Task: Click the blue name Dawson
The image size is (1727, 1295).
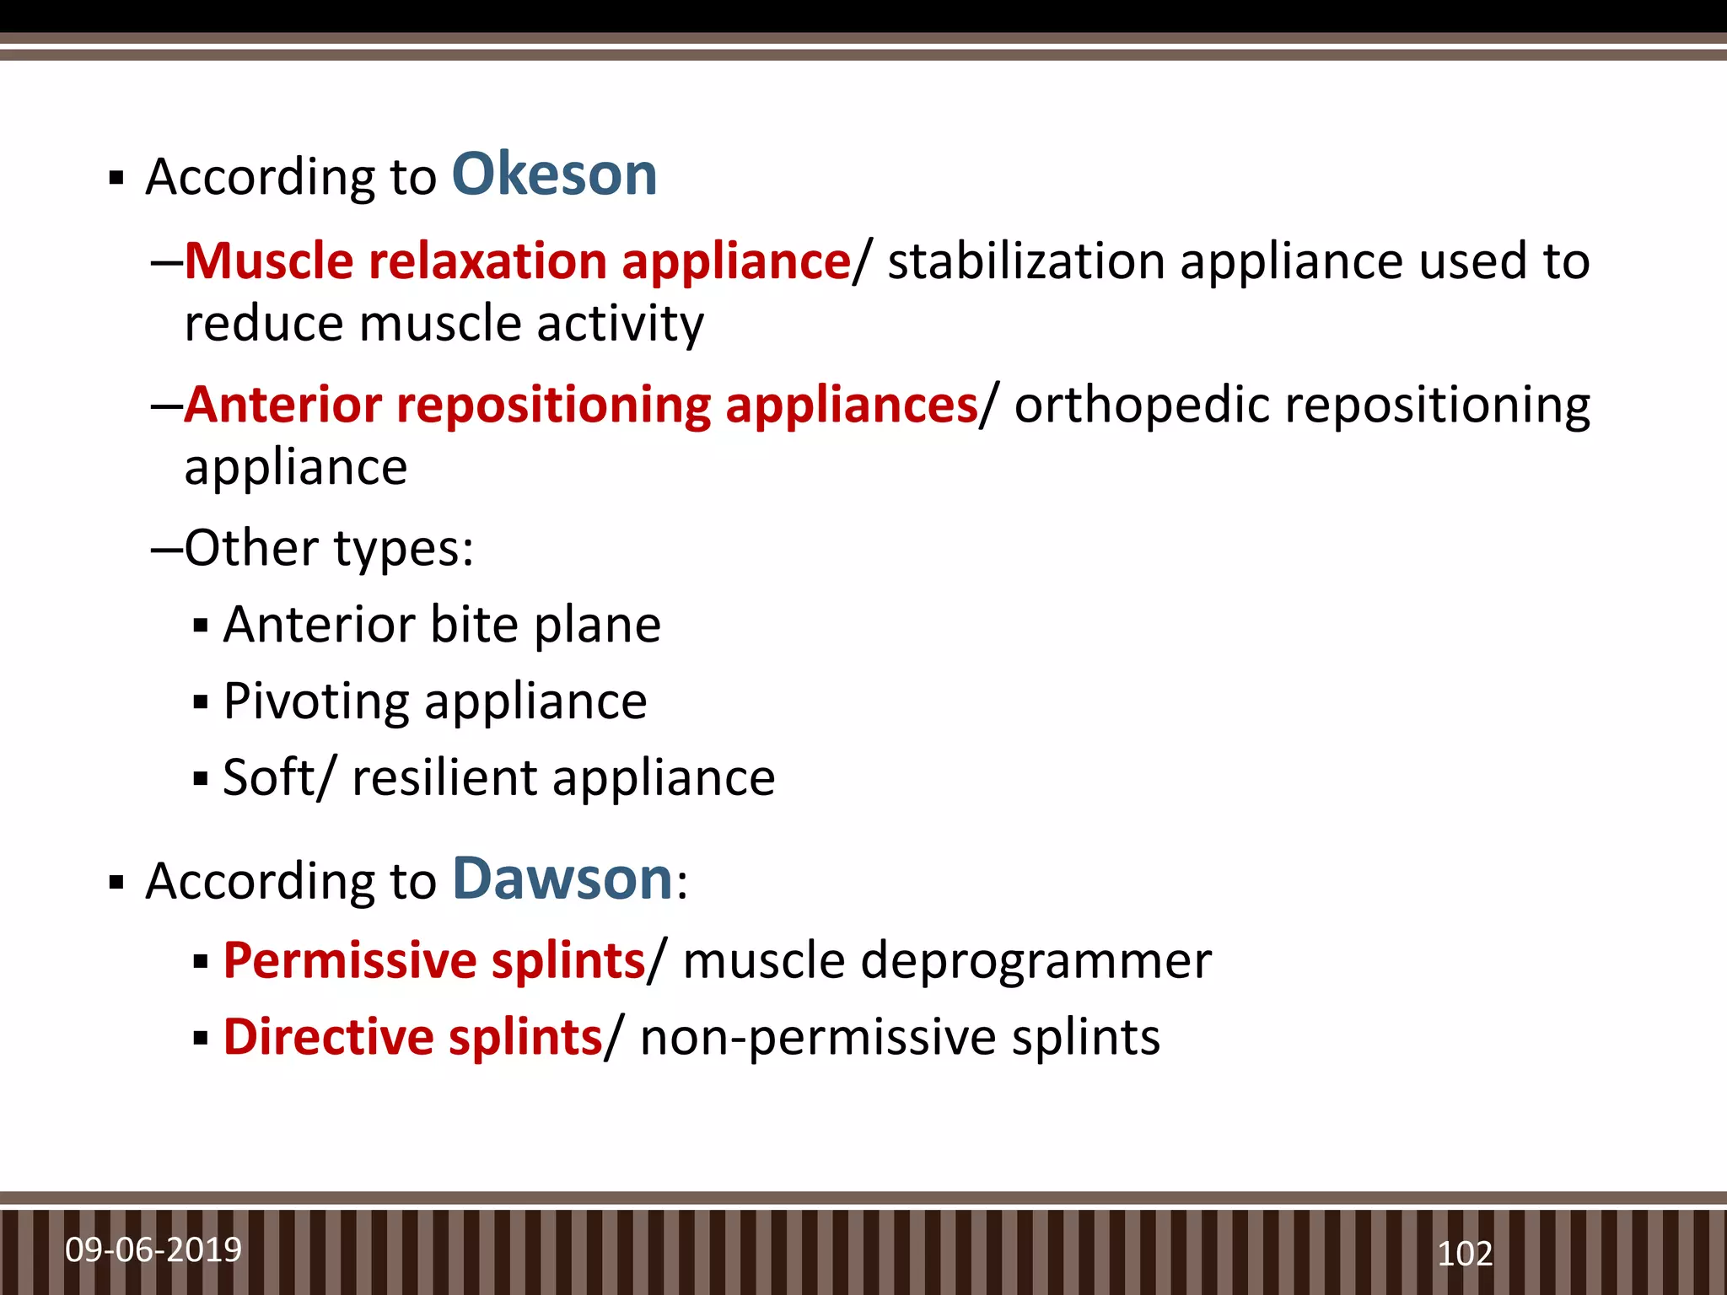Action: pyautogui.click(x=562, y=879)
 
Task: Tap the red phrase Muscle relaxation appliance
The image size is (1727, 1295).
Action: pyautogui.click(x=517, y=261)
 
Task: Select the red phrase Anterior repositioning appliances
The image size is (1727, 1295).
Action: pyautogui.click(x=581, y=405)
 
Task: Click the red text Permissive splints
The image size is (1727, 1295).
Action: pyautogui.click(x=434, y=960)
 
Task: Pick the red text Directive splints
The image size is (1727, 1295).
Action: pyautogui.click(x=412, y=1037)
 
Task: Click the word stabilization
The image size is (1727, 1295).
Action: pyautogui.click(x=1026, y=261)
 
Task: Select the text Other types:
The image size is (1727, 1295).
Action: pyautogui.click(x=329, y=549)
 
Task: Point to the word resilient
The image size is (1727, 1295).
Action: pyautogui.click(x=444, y=777)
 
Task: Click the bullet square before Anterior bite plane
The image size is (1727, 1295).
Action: pyautogui.click(x=201, y=626)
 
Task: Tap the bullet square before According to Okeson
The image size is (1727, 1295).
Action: pyautogui.click(x=116, y=178)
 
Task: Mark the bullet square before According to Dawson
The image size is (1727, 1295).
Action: pyautogui.click(x=116, y=883)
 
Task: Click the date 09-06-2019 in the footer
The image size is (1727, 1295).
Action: pyautogui.click(x=153, y=1249)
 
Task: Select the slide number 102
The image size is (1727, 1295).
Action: pyautogui.click(x=1465, y=1254)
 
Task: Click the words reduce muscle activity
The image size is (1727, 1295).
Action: pyautogui.click(x=444, y=324)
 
